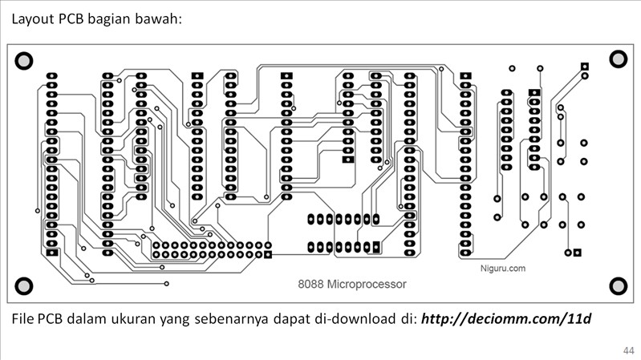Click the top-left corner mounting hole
[23, 59]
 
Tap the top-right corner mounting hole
[617, 59]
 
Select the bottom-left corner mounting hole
[23, 285]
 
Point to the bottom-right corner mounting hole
[617, 285]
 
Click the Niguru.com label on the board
[503, 269]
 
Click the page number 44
[627, 350]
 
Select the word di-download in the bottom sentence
[360, 319]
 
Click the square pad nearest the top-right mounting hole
[585, 66]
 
